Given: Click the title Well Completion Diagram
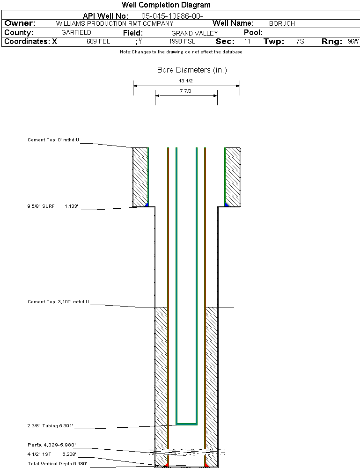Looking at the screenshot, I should tap(166, 5).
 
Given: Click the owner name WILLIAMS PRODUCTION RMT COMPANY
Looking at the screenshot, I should tap(114, 23).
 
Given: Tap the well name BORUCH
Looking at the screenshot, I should tap(282, 23).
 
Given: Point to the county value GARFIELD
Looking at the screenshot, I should tap(76, 33).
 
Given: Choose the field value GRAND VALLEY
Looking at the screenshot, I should tap(194, 33).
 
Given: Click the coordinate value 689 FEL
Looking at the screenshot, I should tap(98, 42).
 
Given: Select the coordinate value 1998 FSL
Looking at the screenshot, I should tap(182, 42).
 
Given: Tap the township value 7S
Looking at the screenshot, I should tap(300, 42).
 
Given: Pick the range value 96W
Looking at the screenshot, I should tap(353, 42).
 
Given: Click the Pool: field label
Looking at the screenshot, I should tap(253, 33).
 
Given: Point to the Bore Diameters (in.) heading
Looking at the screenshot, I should tap(192, 70).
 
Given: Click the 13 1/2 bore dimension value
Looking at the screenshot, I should tap(186, 80).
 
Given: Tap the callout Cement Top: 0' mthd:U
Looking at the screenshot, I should tap(53, 139).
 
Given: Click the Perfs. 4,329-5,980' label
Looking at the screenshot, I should tap(51, 445).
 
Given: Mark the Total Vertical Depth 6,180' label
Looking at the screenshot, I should tap(57, 463).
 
